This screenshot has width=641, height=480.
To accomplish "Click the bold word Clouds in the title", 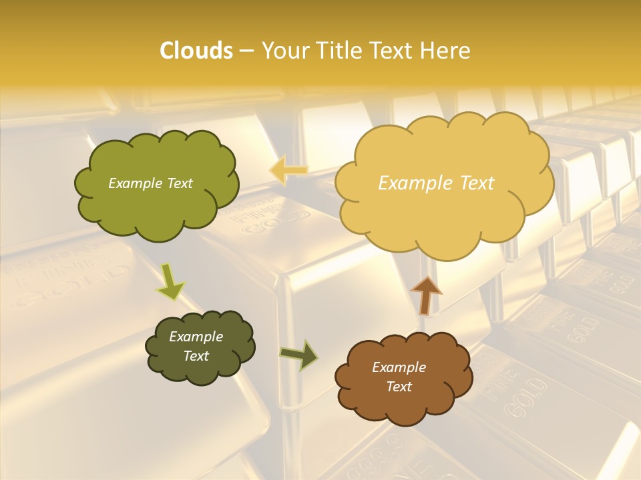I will (196, 51).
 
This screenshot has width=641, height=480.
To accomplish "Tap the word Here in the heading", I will (447, 51).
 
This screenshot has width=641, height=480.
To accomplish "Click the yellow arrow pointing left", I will (288, 170).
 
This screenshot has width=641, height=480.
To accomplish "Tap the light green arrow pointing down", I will (170, 281).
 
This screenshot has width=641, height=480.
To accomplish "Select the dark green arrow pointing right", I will (298, 355).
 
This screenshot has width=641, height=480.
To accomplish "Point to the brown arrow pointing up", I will (425, 294).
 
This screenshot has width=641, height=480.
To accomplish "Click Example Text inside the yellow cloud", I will (436, 183).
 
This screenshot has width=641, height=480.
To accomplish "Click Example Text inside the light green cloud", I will (150, 183).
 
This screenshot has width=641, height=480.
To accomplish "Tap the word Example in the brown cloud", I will (399, 367).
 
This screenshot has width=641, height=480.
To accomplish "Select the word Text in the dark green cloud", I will (196, 356).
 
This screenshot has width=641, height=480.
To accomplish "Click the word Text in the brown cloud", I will (399, 387).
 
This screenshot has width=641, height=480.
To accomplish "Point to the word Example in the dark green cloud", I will (196, 337).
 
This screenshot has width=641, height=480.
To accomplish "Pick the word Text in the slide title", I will (389, 51).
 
